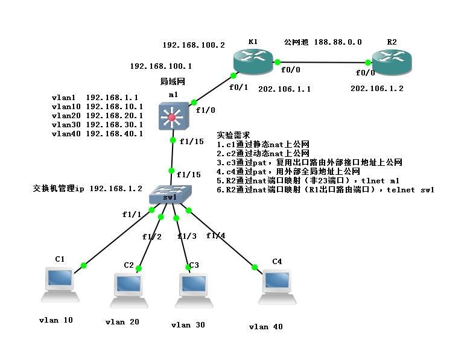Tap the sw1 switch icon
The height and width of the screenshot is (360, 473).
click(x=170, y=194)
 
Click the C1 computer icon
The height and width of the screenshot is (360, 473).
click(x=60, y=284)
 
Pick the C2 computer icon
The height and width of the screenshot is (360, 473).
click(x=129, y=290)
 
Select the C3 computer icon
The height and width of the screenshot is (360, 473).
click(x=194, y=290)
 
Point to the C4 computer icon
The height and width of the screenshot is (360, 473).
click(x=278, y=286)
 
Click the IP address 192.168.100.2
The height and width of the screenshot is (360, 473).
click(x=194, y=45)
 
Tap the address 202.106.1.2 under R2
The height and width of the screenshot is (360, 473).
click(x=376, y=88)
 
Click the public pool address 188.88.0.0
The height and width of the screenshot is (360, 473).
click(x=338, y=42)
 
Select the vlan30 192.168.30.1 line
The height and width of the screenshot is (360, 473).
click(x=97, y=124)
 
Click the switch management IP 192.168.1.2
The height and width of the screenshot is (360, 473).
click(x=116, y=188)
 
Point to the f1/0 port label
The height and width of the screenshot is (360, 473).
click(x=205, y=110)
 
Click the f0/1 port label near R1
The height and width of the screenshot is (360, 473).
click(x=239, y=87)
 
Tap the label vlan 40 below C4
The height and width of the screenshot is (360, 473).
click(x=265, y=327)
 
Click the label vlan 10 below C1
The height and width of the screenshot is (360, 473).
click(x=56, y=320)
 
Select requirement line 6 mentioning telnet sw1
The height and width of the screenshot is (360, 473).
click(x=326, y=189)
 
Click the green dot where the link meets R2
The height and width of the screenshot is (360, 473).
click(x=368, y=63)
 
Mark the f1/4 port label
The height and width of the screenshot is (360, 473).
click(x=216, y=235)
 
